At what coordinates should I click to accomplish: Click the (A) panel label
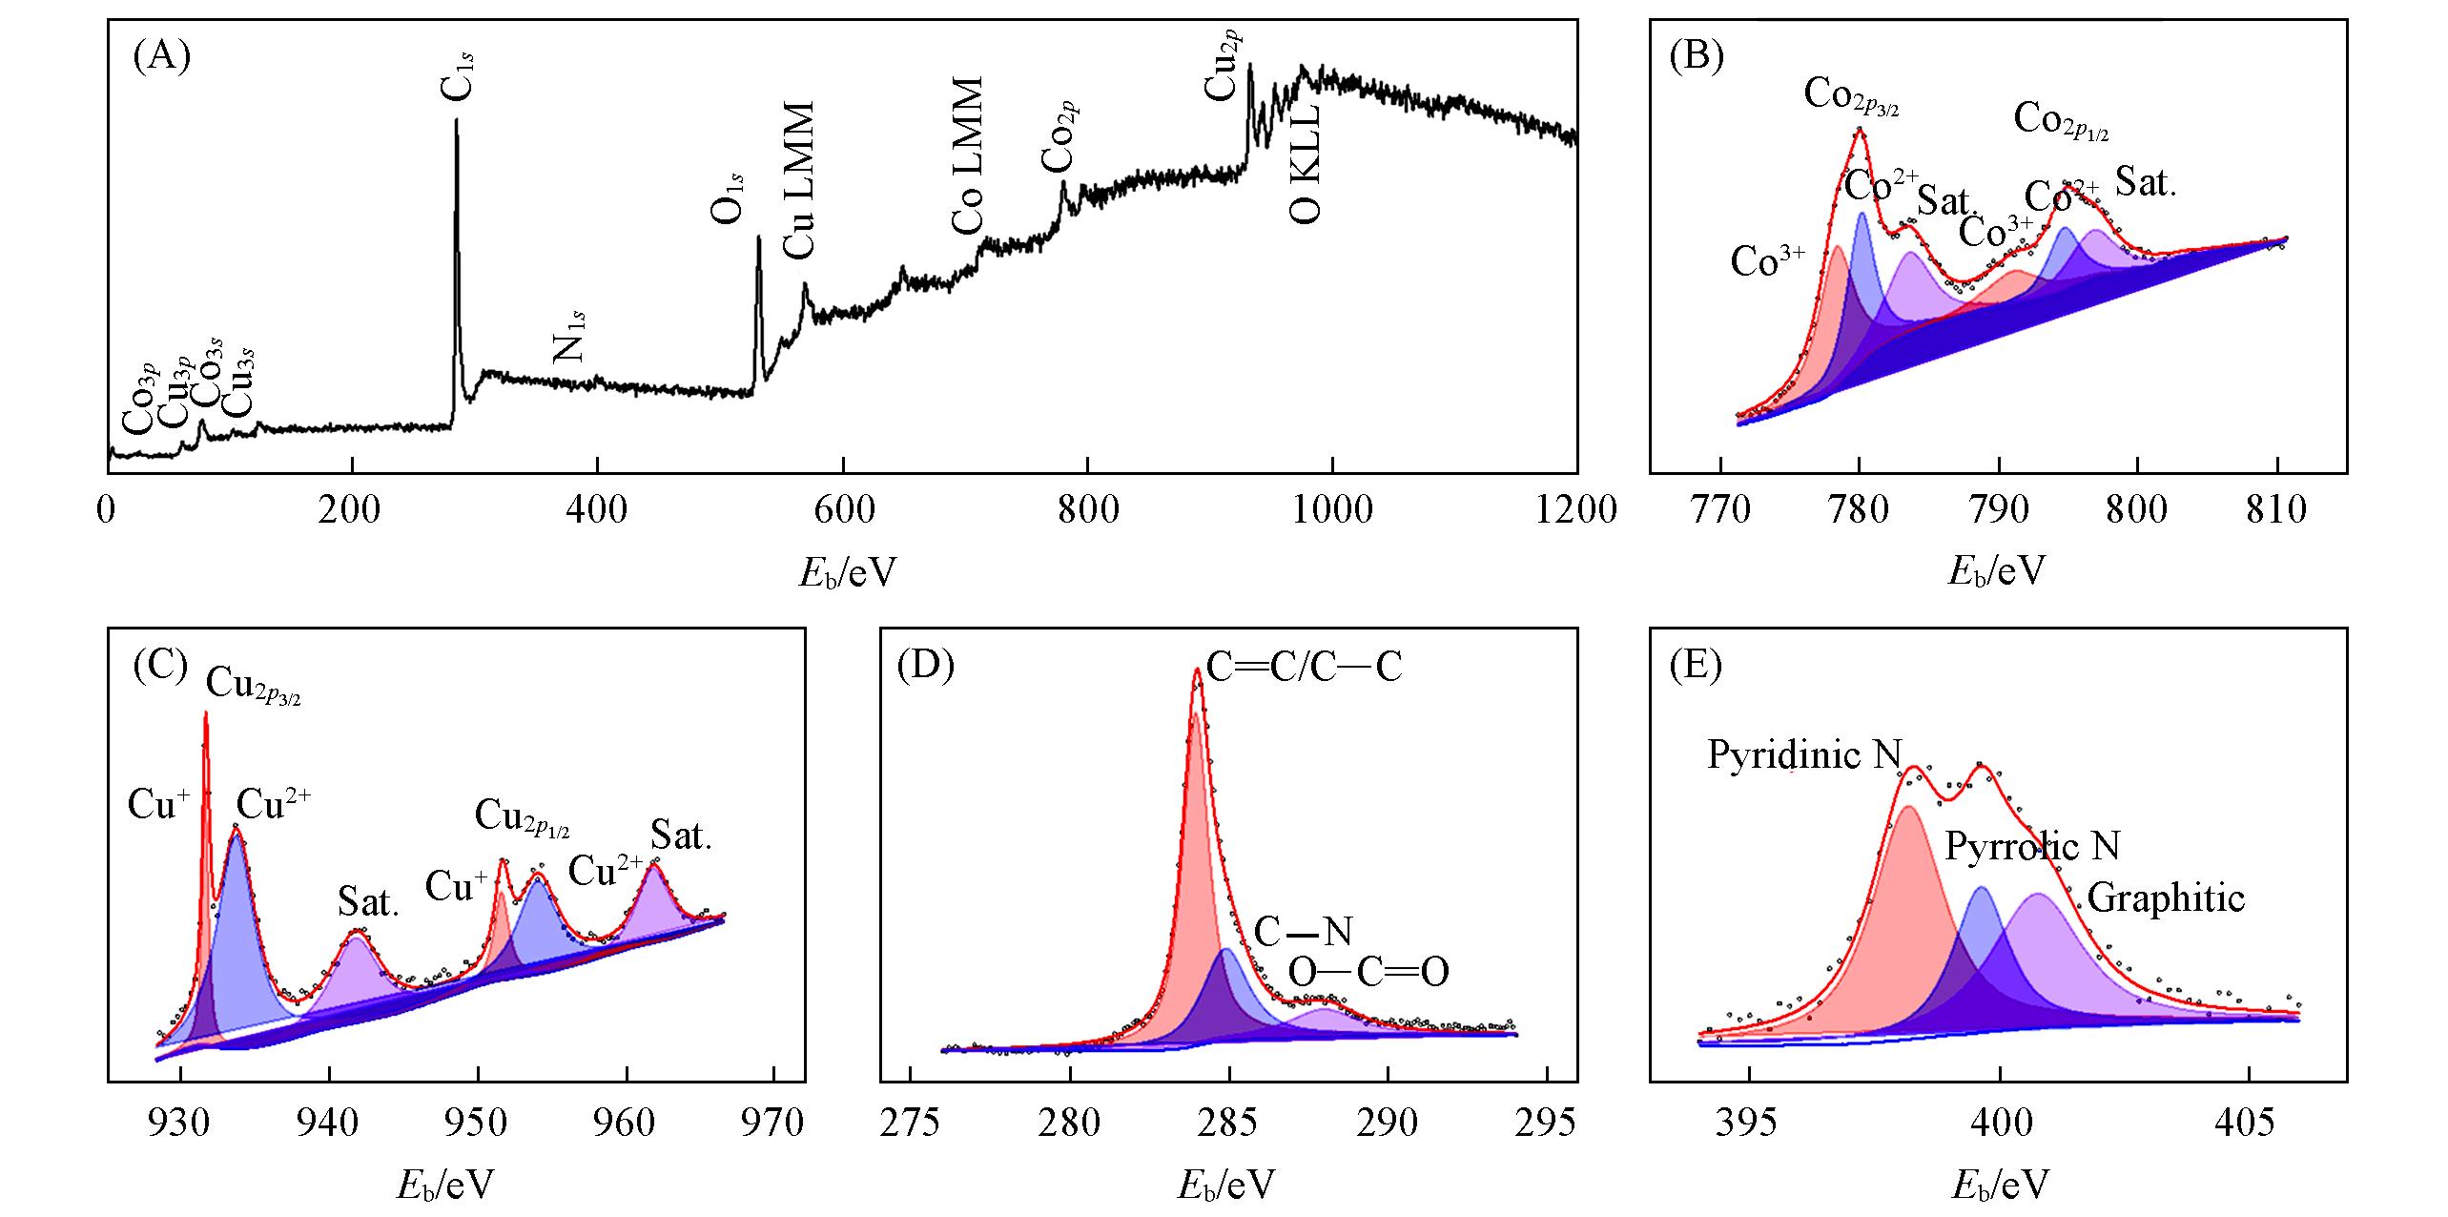[162, 58]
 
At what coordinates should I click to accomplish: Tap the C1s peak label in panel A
[457, 77]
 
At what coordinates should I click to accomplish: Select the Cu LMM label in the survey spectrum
[799, 180]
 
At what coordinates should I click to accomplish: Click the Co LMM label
[967, 157]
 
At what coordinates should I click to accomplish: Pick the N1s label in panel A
[569, 337]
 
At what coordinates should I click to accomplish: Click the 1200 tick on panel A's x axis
[1576, 510]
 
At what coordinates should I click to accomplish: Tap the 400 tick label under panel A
[597, 510]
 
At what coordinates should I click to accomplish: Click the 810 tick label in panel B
[2276, 510]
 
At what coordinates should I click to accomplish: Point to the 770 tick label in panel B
[1720, 510]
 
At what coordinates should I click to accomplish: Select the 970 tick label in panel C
[773, 1124]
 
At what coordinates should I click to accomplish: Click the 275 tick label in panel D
[911, 1124]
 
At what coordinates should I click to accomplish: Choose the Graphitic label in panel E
[2167, 898]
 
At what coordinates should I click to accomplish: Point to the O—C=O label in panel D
[1368, 973]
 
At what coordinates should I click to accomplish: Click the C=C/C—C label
[1304, 668]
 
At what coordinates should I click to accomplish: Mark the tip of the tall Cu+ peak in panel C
[205, 713]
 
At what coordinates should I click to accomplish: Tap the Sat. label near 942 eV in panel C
[368, 903]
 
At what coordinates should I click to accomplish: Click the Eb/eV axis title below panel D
[1226, 1186]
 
